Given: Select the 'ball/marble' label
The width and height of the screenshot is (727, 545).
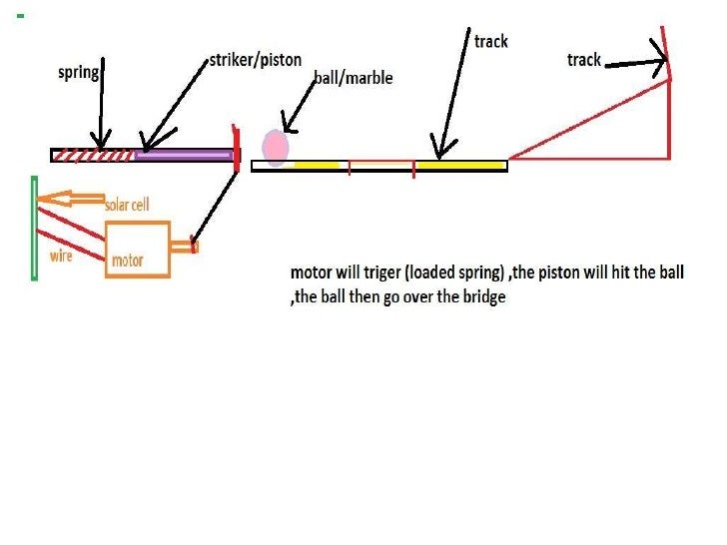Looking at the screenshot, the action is pyautogui.click(x=353, y=78).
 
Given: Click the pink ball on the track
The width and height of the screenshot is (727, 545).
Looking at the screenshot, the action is pyautogui.click(x=276, y=148).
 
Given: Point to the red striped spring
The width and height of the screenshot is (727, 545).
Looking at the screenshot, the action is pyautogui.click(x=96, y=155).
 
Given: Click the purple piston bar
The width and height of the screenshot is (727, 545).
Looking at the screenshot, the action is pyautogui.click(x=184, y=155).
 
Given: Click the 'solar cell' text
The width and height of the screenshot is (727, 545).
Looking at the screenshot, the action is pyautogui.click(x=127, y=205).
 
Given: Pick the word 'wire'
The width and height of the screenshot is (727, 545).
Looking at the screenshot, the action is pyautogui.click(x=61, y=257).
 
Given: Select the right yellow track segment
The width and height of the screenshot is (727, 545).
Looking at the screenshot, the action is pyautogui.click(x=460, y=165).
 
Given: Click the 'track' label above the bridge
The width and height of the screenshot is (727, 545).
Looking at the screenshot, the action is pyautogui.click(x=490, y=41).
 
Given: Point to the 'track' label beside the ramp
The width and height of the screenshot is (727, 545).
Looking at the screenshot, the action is pyautogui.click(x=583, y=60).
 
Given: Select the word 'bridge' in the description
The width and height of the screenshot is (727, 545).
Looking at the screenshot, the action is pyautogui.click(x=483, y=297).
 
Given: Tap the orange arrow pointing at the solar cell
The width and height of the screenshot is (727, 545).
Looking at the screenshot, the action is pyautogui.click(x=70, y=200).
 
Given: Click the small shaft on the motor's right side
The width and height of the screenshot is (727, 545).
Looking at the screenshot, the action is pyautogui.click(x=186, y=246).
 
